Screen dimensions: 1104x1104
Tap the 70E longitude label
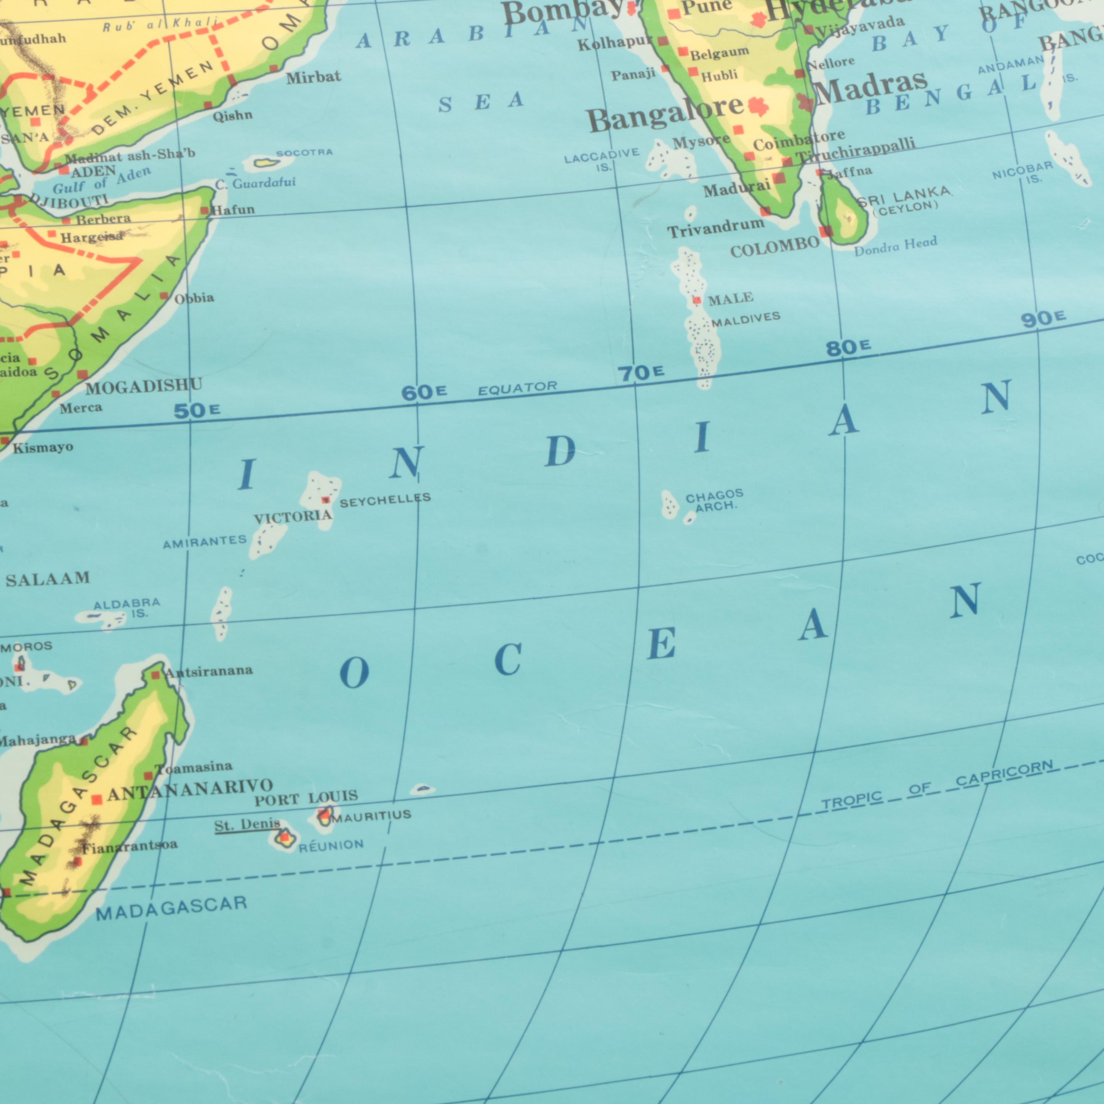[641, 373]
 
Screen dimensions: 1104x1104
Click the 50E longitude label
[197, 410]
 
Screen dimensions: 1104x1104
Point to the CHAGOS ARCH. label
[714, 500]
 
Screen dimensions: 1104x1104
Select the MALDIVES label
[745, 319]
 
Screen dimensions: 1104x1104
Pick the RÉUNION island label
[331, 845]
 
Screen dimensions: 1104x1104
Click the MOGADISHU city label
[144, 387]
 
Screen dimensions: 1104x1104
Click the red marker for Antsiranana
[155, 675]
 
